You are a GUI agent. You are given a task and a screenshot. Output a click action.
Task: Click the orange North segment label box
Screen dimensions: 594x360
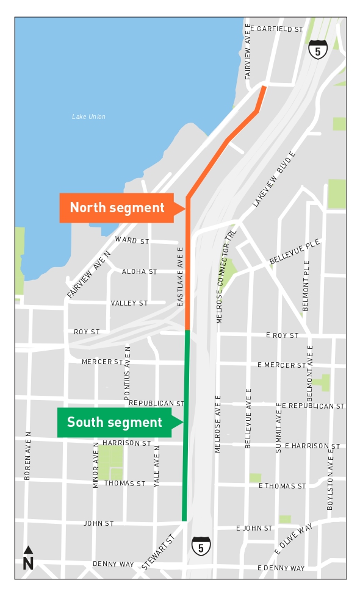coord(117,207)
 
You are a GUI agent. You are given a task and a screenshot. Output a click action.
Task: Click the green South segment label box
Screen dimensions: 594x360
coord(115,422)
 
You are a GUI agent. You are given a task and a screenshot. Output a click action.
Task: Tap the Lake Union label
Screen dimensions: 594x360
coord(88,116)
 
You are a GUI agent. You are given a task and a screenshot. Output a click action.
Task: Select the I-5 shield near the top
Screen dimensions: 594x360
coord(317,49)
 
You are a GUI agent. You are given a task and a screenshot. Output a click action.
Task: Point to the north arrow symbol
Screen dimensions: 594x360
coord(28,558)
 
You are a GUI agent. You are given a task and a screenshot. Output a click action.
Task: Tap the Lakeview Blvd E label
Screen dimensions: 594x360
coord(273,178)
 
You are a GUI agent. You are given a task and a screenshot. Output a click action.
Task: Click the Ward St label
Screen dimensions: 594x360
coord(132,241)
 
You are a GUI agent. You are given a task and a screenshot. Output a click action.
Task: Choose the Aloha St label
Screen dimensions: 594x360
coord(139,271)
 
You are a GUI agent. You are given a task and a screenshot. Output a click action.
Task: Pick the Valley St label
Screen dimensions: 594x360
coord(129,303)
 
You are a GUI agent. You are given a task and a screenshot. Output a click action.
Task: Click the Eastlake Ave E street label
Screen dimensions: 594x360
coord(180,276)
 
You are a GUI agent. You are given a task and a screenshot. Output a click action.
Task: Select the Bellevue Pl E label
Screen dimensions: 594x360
coord(295,252)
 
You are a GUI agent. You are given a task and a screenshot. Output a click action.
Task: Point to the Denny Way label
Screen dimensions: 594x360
coord(113,564)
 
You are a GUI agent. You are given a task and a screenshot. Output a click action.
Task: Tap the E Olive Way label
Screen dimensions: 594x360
coord(293,539)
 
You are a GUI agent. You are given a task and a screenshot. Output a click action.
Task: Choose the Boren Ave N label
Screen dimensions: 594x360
coord(27,456)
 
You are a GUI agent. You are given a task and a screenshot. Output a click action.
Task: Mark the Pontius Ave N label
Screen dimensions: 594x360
coord(128,373)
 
